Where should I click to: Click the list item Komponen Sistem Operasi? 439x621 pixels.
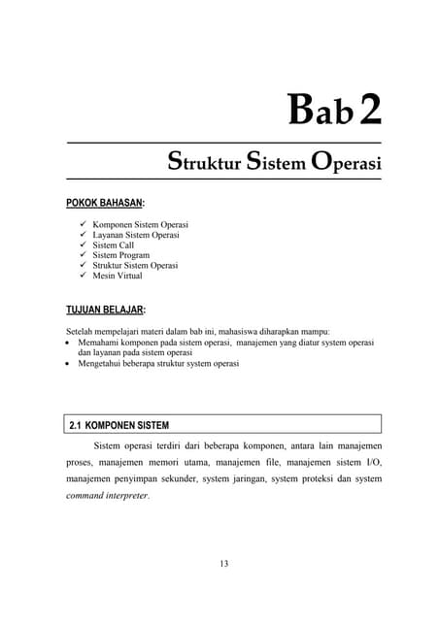point(140,225)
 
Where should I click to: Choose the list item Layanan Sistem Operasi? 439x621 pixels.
point(136,235)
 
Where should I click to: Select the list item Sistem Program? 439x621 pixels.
point(121,255)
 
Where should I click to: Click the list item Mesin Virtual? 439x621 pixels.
point(118,276)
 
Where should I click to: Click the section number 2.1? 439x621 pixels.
point(79,425)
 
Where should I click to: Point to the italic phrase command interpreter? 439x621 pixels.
point(106,496)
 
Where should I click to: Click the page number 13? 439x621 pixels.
point(223,564)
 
